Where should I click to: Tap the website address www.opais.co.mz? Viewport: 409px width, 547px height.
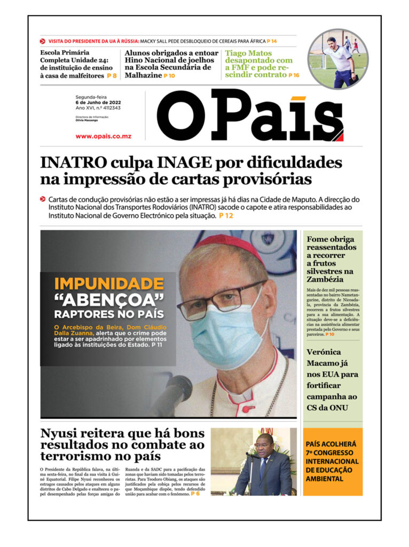pos(103,136)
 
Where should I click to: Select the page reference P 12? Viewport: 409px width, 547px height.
pos(226,216)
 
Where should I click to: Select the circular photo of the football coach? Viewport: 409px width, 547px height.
pos(338,59)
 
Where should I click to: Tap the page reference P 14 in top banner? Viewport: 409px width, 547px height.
pos(272,41)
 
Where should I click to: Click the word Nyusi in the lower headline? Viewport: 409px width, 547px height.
pos(64,433)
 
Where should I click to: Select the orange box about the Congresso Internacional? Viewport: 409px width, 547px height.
pos(332,462)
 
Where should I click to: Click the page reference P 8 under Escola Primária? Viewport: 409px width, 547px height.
pos(112,76)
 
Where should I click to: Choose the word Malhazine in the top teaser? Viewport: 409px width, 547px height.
pos(143,76)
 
